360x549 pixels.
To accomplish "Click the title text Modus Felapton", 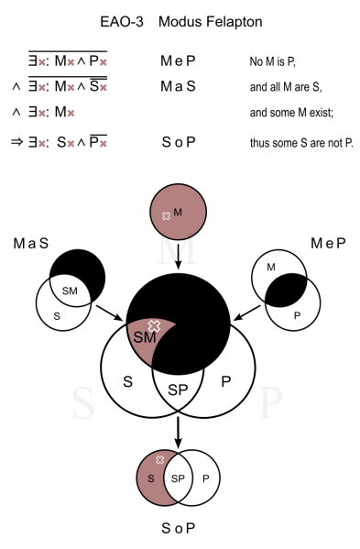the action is click(x=211, y=22).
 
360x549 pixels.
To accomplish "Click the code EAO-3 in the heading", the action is click(x=122, y=22).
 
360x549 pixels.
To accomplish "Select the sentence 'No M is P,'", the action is click(x=273, y=62).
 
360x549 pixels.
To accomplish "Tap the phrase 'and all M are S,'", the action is click(x=286, y=87).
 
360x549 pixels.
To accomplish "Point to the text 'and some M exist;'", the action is click(x=291, y=113).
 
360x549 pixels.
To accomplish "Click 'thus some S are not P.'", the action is click(x=301, y=143).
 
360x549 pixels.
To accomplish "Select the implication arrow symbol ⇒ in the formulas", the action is click(x=16, y=142).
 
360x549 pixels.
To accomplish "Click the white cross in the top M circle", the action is click(x=166, y=216).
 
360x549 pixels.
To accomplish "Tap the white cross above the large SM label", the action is click(x=154, y=326).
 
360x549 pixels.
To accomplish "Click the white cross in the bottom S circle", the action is click(x=160, y=460).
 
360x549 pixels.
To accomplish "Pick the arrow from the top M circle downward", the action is click(x=178, y=257).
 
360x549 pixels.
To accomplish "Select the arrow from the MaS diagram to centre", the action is click(x=110, y=313).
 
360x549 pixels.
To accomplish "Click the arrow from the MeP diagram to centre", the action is click(x=247, y=313).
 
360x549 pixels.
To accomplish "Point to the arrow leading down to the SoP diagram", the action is click(x=178, y=433).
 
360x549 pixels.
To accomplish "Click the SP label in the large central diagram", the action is click(x=178, y=390).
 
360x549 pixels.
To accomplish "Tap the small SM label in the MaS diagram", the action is click(x=70, y=291).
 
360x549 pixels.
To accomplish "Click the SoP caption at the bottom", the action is click(x=178, y=528).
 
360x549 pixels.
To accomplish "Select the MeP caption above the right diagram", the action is click(x=328, y=243).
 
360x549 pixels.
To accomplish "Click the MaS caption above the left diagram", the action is click(x=31, y=243).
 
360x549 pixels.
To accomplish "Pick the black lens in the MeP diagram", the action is click(x=286, y=291).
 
